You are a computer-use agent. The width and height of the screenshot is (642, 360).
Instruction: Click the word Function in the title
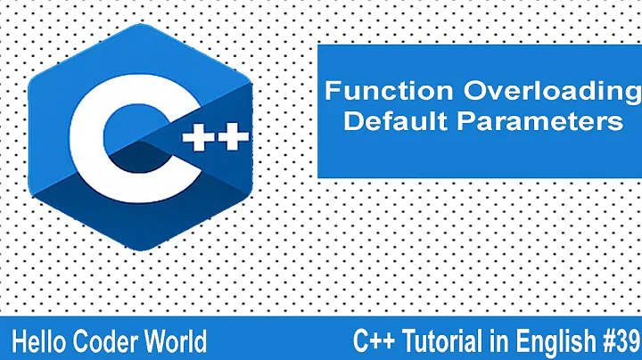[377, 92]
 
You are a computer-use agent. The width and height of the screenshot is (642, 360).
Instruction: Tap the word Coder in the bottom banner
[107, 339]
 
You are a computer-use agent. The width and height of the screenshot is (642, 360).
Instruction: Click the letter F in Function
[330, 92]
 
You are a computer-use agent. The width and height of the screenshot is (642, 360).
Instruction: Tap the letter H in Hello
[21, 339]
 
